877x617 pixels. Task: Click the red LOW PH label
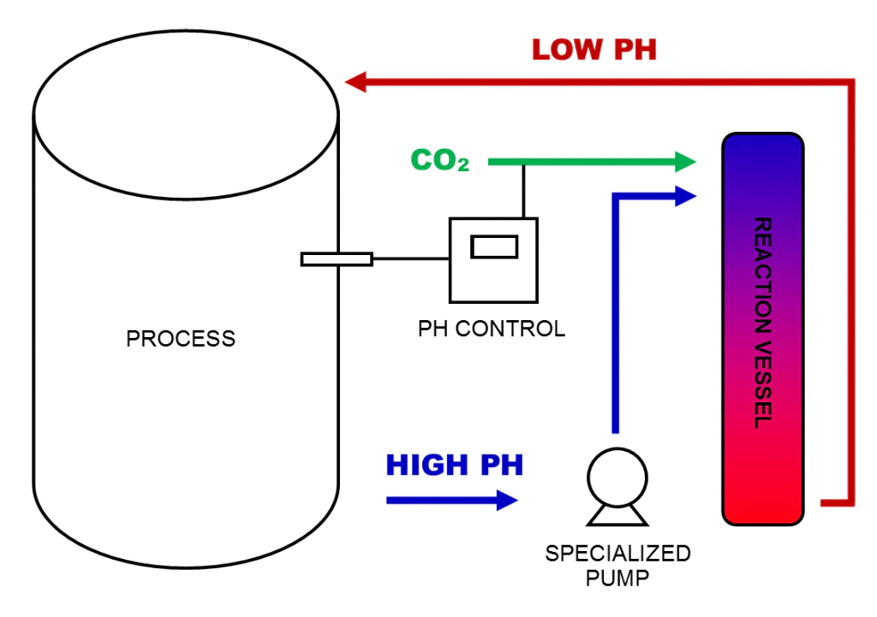(x=594, y=49)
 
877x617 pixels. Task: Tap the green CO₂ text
(x=440, y=161)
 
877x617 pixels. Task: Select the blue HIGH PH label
(x=454, y=466)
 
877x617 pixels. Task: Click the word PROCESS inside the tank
(x=181, y=339)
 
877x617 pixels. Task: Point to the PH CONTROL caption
(x=492, y=329)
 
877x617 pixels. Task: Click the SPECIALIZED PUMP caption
(x=617, y=565)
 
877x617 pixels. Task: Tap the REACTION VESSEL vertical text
(x=762, y=323)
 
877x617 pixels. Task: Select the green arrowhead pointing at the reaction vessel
(x=684, y=161)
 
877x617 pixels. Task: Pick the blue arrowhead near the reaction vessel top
(x=684, y=196)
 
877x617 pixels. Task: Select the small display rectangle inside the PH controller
(x=494, y=246)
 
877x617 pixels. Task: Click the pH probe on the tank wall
(x=336, y=258)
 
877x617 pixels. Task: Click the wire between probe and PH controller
(x=411, y=258)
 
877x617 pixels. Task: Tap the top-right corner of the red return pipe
(x=850, y=83)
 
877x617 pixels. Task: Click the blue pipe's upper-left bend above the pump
(x=615, y=197)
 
